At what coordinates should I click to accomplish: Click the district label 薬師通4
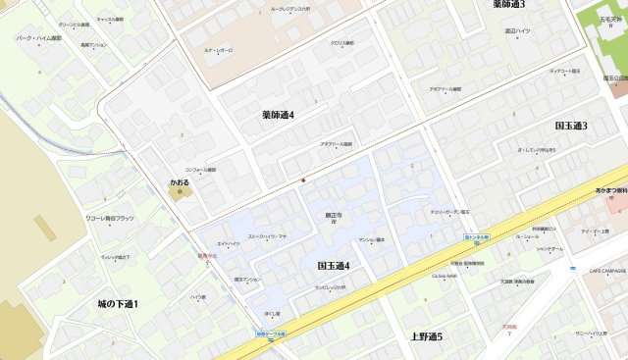click(x=279, y=115)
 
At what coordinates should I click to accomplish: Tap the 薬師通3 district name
click(x=508, y=5)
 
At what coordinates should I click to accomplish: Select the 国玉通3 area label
click(x=570, y=126)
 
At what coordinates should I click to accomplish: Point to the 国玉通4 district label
click(x=334, y=266)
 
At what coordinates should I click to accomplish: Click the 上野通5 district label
click(x=426, y=336)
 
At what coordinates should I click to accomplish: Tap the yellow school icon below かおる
click(x=178, y=192)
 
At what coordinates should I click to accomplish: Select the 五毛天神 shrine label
click(x=614, y=16)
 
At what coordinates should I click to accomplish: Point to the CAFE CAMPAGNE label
click(x=607, y=270)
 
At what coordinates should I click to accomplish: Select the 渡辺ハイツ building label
click(x=517, y=30)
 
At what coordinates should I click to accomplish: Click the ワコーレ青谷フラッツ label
click(x=110, y=219)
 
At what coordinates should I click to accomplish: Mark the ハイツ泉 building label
click(x=197, y=296)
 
